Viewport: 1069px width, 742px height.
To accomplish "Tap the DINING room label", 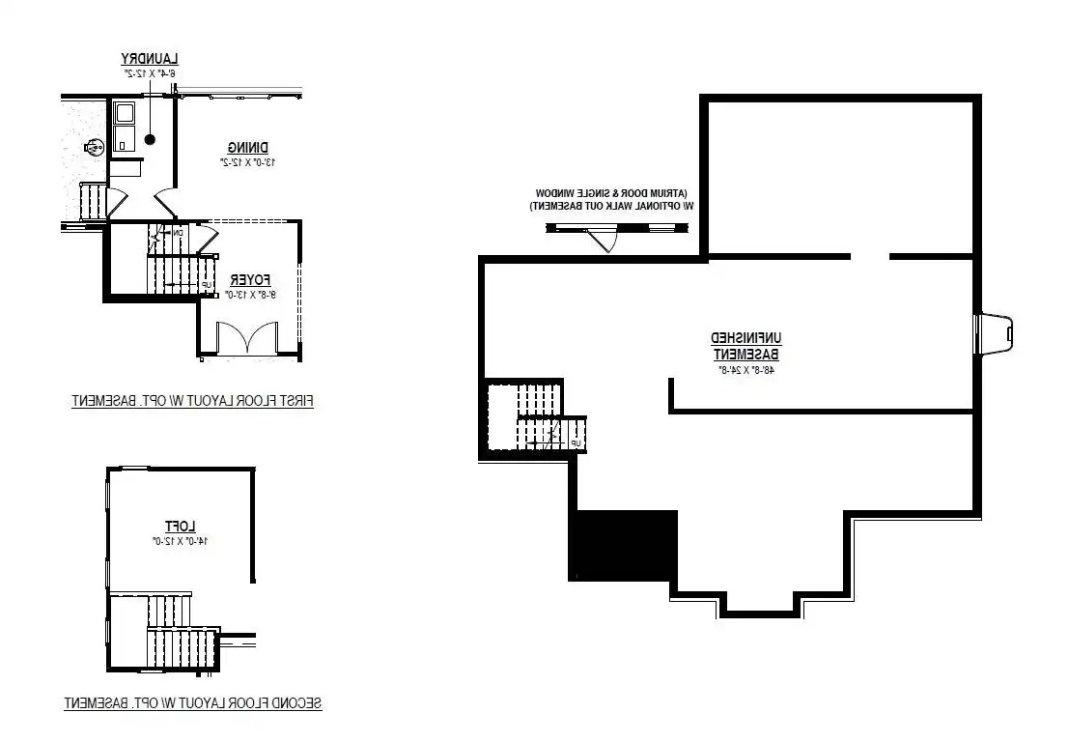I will click(248, 147).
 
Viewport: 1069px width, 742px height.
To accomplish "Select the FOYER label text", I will click(241, 279).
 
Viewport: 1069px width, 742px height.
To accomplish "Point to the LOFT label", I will click(181, 526).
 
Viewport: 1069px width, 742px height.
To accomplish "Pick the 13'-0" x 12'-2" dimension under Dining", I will click(248, 162).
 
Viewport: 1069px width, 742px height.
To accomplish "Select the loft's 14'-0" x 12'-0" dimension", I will click(181, 541).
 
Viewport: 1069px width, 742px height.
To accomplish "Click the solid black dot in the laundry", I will click(150, 140).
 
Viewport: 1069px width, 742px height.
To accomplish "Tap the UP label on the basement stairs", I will click(576, 443).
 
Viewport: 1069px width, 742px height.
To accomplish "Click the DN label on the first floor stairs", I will click(179, 233).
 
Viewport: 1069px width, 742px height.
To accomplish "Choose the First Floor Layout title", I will click(192, 400).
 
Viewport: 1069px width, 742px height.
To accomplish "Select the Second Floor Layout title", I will click(192, 703).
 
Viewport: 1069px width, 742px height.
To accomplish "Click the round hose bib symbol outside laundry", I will click(95, 147).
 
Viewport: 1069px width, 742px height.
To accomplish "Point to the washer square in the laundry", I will click(125, 113).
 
